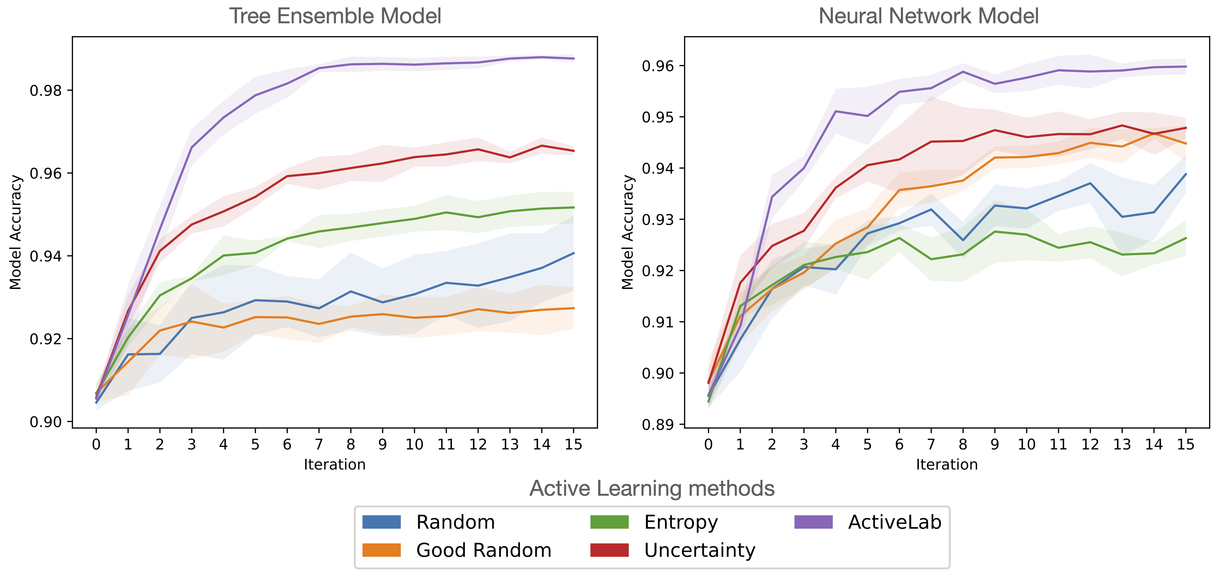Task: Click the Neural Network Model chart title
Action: (x=928, y=16)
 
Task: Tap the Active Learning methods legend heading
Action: (x=652, y=488)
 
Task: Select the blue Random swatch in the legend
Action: (x=381, y=522)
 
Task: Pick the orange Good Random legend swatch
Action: (x=381, y=550)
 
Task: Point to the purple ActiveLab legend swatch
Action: (x=813, y=522)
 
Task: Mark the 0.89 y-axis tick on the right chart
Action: (x=658, y=424)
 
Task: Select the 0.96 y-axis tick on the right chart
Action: (x=658, y=66)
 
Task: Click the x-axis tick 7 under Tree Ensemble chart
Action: (x=319, y=444)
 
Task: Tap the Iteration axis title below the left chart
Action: (x=335, y=464)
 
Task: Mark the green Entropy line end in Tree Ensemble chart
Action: (x=573, y=207)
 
